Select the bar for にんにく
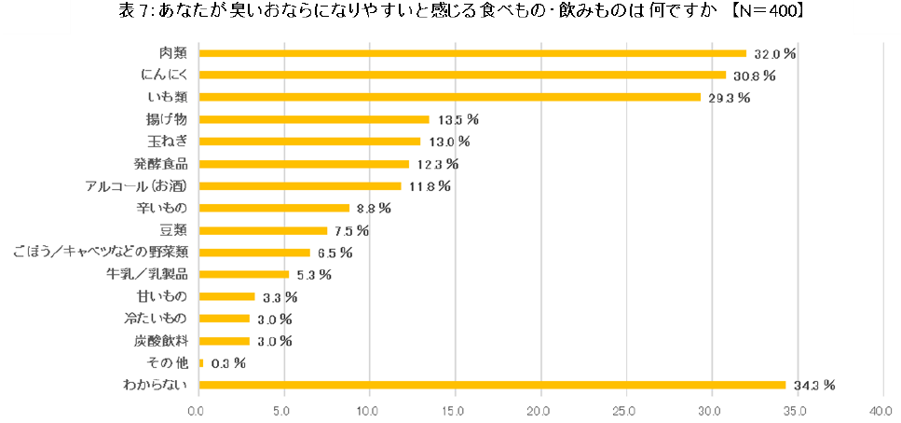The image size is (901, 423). [x=462, y=75]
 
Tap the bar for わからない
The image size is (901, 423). [x=492, y=385]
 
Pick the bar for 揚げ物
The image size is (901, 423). [x=314, y=119]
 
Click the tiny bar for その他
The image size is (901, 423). [x=200, y=362]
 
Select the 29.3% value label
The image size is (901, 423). [x=730, y=98]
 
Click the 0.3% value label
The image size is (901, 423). [x=227, y=362]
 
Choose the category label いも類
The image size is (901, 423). [x=168, y=98]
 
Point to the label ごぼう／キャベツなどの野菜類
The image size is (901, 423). [x=101, y=252]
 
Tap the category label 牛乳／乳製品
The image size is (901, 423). [x=147, y=275]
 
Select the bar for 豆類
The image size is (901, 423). [x=263, y=230]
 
